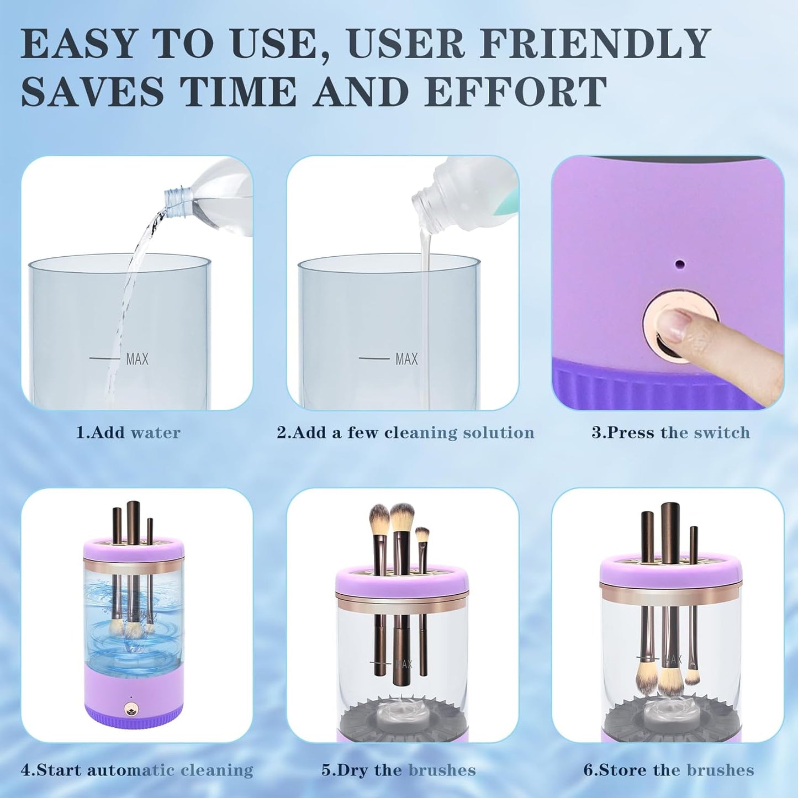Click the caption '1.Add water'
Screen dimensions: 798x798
click(128, 432)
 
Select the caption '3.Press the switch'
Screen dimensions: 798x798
click(670, 432)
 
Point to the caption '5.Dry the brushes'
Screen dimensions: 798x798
click(398, 770)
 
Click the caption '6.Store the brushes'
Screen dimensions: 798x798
click(668, 770)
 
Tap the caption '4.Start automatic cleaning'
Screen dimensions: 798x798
click(137, 770)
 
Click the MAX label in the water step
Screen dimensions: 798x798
click(137, 359)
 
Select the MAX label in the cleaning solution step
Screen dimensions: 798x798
click(406, 359)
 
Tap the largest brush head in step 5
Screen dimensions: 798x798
click(401, 517)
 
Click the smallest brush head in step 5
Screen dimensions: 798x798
click(421, 535)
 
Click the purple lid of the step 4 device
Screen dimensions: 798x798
click(133, 548)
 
